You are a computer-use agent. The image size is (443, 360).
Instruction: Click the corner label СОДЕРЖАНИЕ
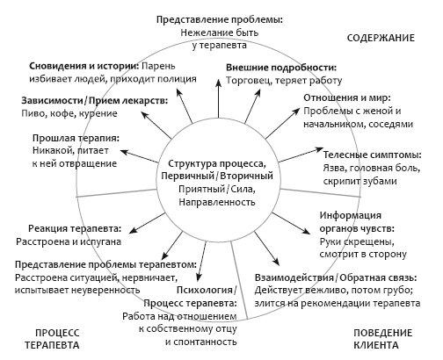pyautogui.click(x=381, y=38)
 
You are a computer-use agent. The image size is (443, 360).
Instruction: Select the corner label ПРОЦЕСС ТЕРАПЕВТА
pyautogui.click(x=52, y=339)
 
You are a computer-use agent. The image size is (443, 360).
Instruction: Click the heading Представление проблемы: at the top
pyautogui.click(x=220, y=20)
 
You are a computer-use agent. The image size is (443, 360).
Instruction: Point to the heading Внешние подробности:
pyautogui.click(x=281, y=68)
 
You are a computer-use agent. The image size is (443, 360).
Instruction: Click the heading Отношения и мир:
pyautogui.click(x=347, y=97)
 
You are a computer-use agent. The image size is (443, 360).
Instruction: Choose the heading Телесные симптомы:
pyautogui.click(x=372, y=155)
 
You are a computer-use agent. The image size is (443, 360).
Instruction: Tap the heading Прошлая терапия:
pyautogui.click(x=76, y=138)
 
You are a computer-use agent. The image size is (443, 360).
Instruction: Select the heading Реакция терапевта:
pyautogui.click(x=75, y=228)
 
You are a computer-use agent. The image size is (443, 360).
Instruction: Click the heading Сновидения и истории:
pyautogui.click(x=84, y=66)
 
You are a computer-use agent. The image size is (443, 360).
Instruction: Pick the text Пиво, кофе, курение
pyautogui.click(x=69, y=113)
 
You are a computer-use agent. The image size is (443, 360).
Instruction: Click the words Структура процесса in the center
pyautogui.click(x=216, y=163)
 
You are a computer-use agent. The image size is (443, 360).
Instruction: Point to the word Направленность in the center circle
pyautogui.click(x=217, y=202)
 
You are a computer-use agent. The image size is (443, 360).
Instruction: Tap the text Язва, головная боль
pyautogui.click(x=372, y=169)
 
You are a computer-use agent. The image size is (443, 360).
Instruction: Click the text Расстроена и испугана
pyautogui.click(x=69, y=241)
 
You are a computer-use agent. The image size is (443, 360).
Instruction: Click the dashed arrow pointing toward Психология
pyautogui.click(x=202, y=262)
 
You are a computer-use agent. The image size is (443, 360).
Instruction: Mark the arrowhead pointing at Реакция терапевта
pyautogui.click(x=133, y=230)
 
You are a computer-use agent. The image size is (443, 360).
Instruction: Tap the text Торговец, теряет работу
pyautogui.click(x=284, y=81)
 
